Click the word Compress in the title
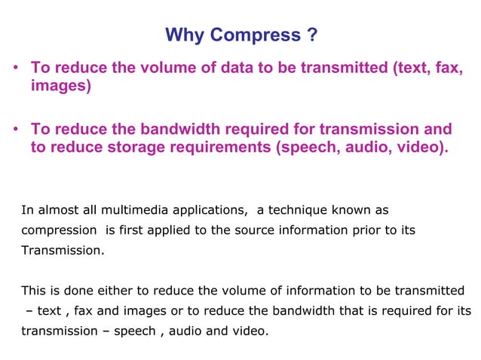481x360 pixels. pyautogui.click(x=253, y=35)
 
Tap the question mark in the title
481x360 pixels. pyautogui.click(x=311, y=35)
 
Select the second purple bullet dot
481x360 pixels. pyautogui.click(x=15, y=130)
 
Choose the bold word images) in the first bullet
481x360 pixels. pyautogui.click(x=60, y=87)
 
